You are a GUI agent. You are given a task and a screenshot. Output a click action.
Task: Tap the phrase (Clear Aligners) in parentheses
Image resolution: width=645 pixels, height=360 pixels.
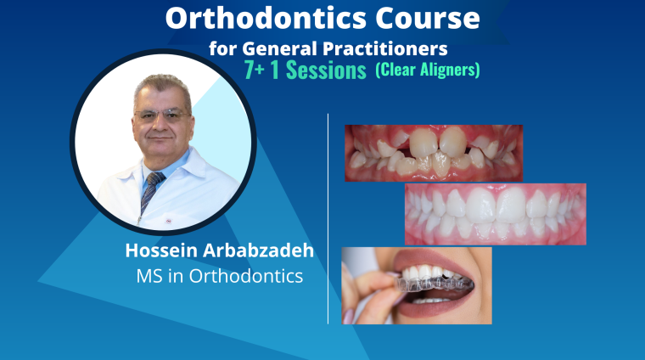pyautogui.click(x=428, y=70)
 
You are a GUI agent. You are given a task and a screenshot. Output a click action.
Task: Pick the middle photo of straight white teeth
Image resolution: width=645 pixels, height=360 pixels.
pyautogui.click(x=496, y=214)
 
